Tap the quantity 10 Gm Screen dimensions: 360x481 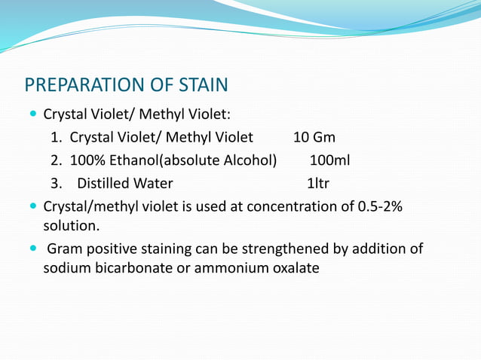tap(314, 138)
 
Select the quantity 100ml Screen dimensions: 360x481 tap(329, 160)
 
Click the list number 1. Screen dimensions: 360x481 tap(56, 138)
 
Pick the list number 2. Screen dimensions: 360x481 tap(56, 160)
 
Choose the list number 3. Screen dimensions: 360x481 tap(56, 183)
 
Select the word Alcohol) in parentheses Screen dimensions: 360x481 tap(250, 160)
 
